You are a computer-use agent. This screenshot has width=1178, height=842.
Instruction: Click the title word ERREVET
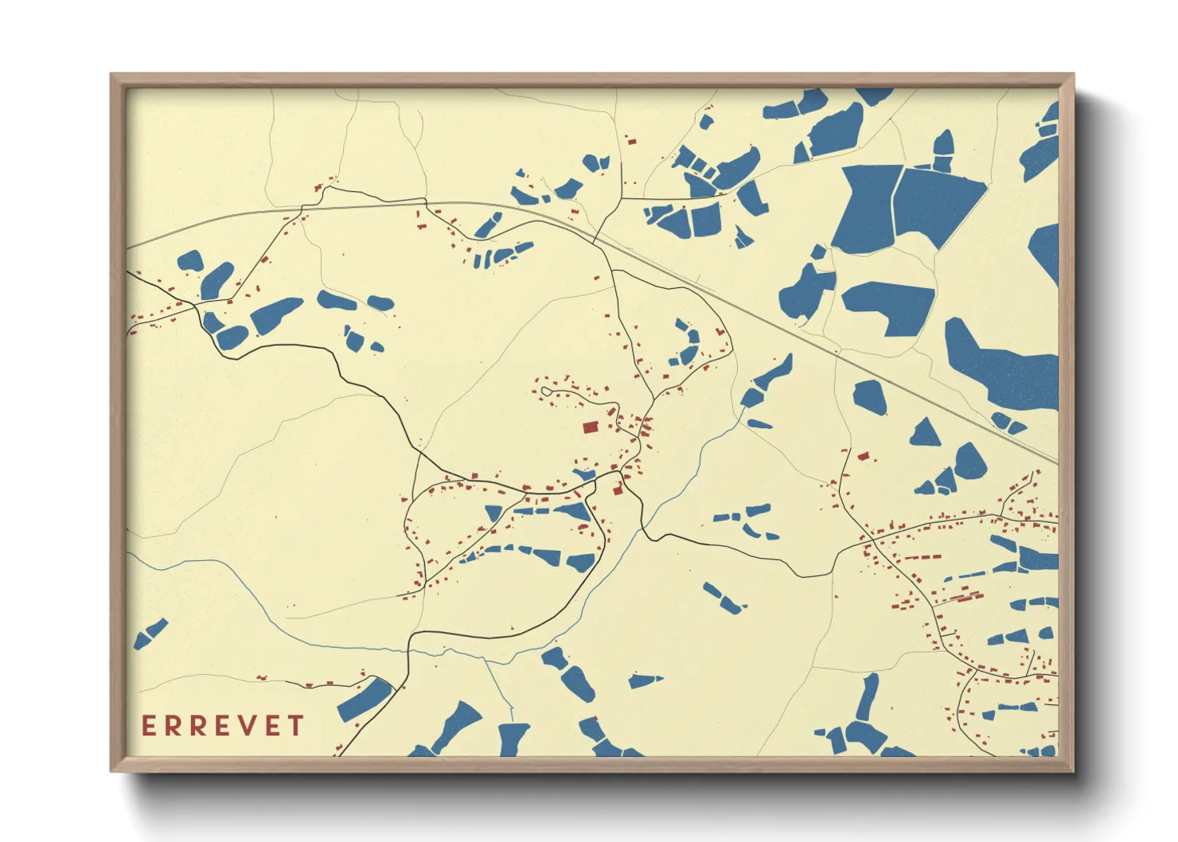(x=223, y=726)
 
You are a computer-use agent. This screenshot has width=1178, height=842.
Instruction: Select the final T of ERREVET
(x=296, y=726)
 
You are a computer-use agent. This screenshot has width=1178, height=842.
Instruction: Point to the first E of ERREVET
(x=149, y=726)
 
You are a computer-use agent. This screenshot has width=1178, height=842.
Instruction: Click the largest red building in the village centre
(x=591, y=427)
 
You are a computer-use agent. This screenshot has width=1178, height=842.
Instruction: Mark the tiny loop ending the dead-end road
(x=546, y=391)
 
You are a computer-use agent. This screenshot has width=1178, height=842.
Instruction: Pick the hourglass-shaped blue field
(x=867, y=209)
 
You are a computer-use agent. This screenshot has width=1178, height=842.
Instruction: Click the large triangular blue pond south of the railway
(x=925, y=435)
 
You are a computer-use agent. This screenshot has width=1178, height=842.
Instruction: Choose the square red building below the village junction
(x=617, y=490)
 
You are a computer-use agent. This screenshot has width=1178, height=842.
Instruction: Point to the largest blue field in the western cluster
(x=275, y=314)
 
